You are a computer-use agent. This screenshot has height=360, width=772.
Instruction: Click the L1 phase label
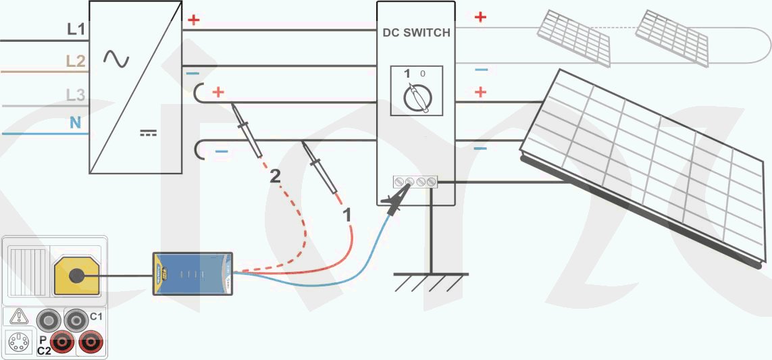point(76,29)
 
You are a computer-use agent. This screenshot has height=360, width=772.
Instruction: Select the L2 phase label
point(76,61)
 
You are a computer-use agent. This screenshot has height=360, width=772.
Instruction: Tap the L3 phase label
point(76,95)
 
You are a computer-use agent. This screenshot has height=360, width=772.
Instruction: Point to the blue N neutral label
point(76,123)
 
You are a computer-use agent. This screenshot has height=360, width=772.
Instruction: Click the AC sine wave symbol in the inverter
point(116,59)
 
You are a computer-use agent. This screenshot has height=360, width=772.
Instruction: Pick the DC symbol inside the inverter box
point(148,133)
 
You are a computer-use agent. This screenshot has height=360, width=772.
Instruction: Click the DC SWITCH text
point(416,32)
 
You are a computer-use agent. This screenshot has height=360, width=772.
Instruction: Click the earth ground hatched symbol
point(431,282)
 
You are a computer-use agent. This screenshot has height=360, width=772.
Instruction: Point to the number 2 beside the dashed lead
point(275,177)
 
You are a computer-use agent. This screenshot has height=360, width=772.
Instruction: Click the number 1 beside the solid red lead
point(348,215)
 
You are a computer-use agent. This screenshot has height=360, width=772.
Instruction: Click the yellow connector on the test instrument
point(76,276)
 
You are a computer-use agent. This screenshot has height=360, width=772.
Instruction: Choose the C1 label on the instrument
point(96,316)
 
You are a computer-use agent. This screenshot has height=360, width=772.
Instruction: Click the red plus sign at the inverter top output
point(194,20)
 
